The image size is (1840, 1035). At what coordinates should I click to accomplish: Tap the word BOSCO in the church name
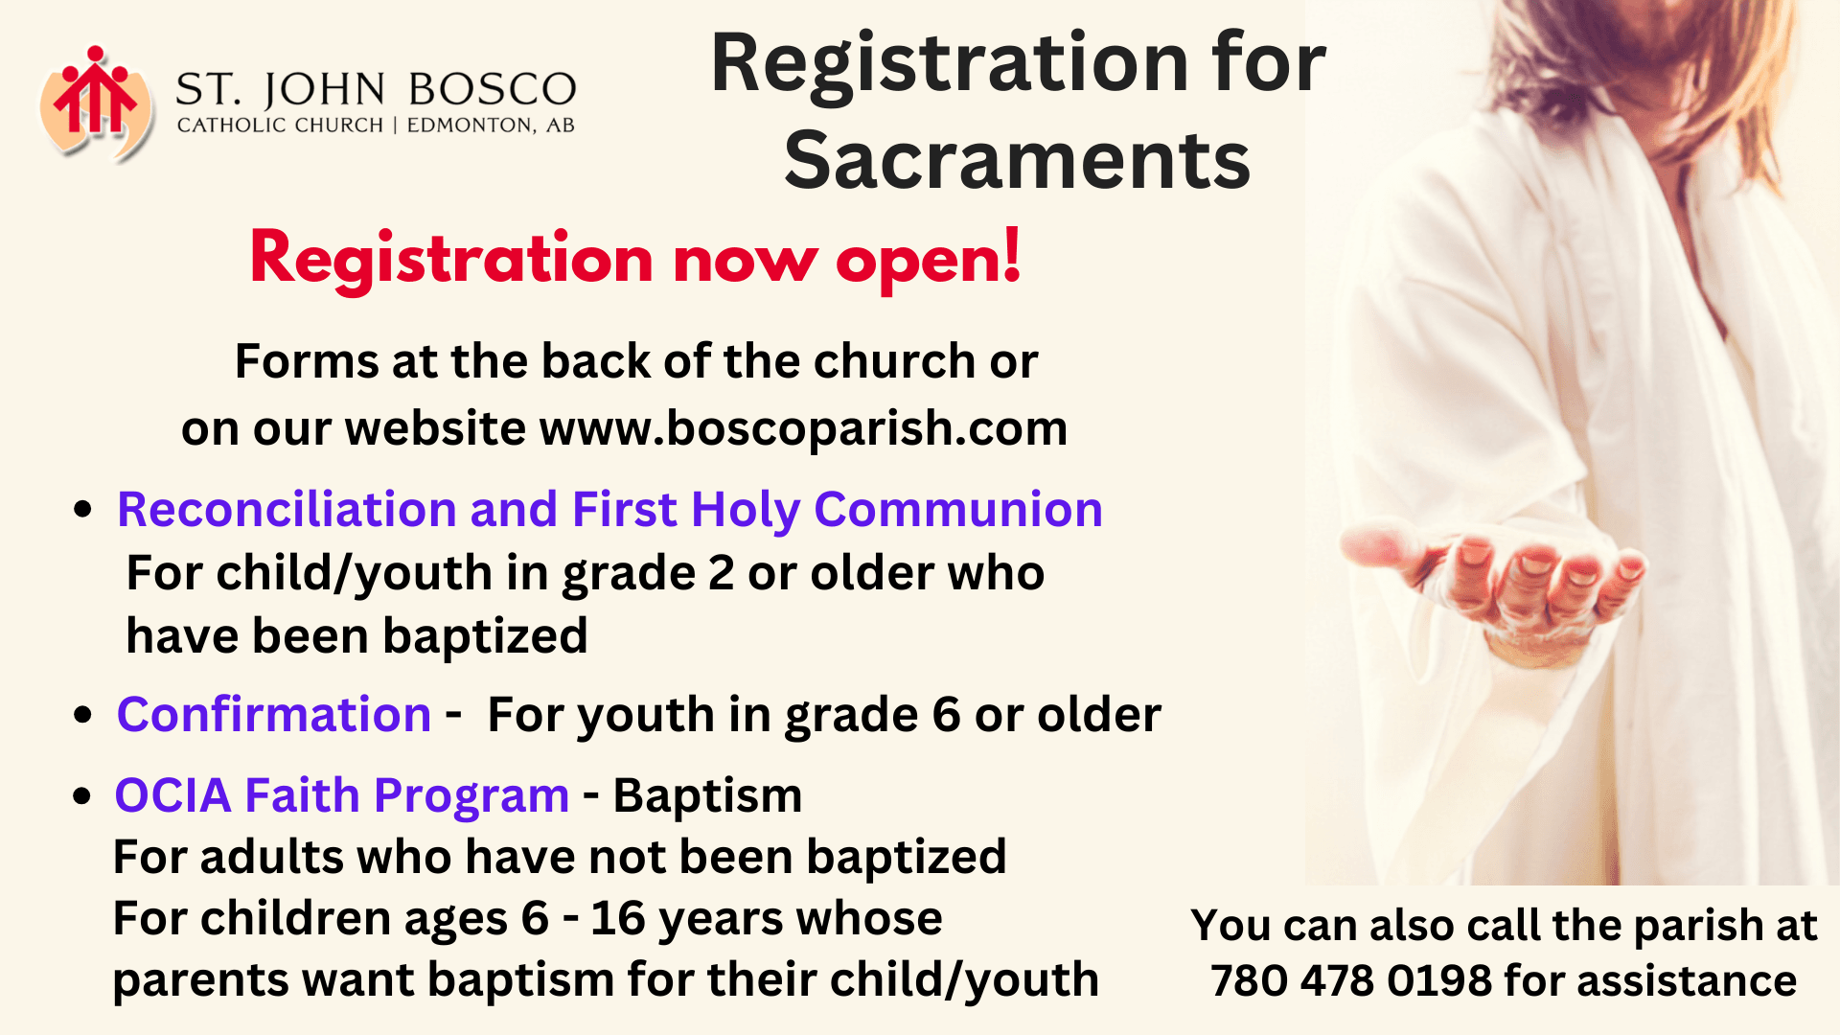(492, 90)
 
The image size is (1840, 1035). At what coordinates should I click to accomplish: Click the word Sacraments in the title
(1017, 159)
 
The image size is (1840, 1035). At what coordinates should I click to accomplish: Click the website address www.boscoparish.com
(803, 427)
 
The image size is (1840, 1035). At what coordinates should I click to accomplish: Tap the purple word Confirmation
(274, 714)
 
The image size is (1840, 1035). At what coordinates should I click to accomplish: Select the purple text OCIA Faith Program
(342, 795)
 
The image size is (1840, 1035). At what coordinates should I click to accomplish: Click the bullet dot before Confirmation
(83, 715)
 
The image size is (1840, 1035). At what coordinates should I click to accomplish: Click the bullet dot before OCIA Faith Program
(83, 795)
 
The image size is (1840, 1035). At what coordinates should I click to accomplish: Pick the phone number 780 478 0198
(1350, 980)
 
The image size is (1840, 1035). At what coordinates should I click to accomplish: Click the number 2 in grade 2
(721, 573)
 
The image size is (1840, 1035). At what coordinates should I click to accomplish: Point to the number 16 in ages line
(618, 918)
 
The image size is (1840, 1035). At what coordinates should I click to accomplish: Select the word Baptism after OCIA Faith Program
(707, 795)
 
